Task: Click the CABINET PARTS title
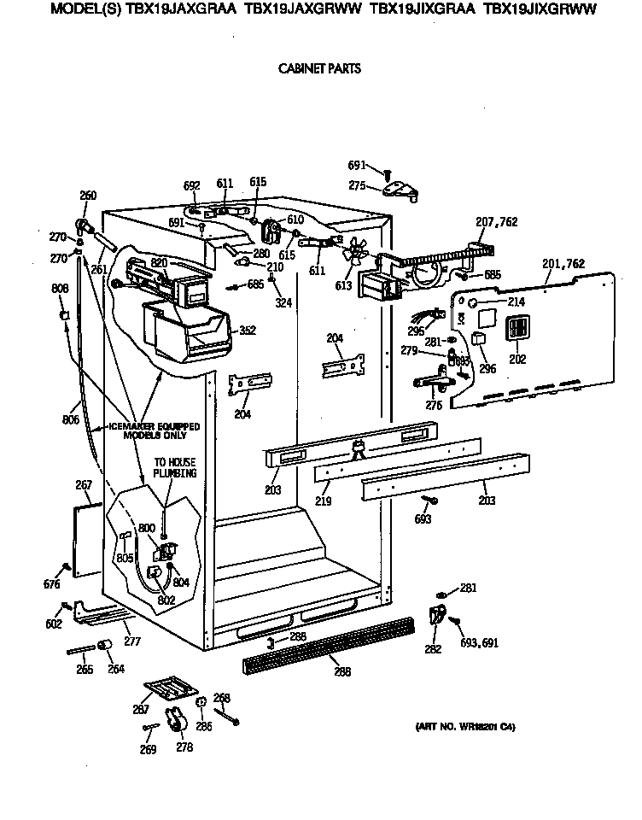(320, 69)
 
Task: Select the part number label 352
(248, 331)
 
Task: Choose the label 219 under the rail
(323, 501)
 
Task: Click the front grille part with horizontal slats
(328, 648)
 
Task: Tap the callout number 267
(83, 485)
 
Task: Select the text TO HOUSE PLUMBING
(174, 467)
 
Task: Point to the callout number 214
(516, 302)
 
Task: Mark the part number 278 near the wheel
(184, 747)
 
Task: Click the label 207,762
(497, 222)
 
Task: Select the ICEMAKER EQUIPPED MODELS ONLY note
(154, 430)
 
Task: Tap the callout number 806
(70, 419)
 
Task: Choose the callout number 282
(433, 649)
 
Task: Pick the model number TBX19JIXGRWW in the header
(540, 10)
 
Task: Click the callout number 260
(88, 196)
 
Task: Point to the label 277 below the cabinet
(131, 640)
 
